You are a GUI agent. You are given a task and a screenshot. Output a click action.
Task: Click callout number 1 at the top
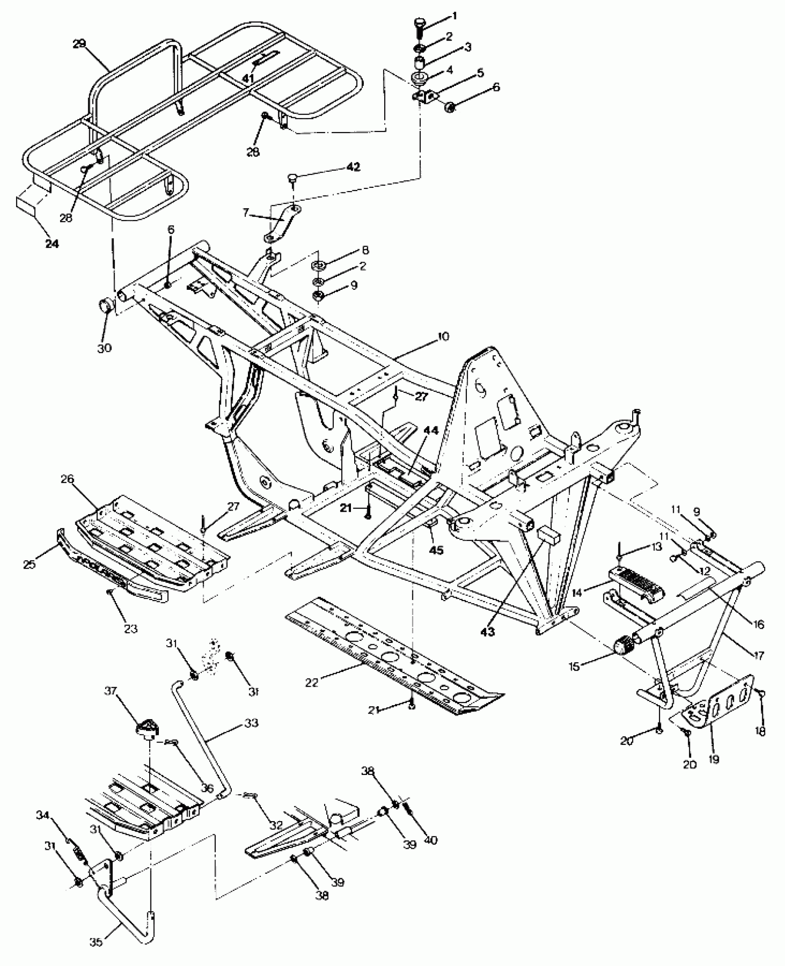454,16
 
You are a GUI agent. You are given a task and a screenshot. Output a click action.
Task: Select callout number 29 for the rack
79,44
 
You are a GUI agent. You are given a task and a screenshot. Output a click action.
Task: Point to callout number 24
52,243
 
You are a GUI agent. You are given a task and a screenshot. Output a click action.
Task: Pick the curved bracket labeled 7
283,225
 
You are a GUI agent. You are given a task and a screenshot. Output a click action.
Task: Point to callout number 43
488,632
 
